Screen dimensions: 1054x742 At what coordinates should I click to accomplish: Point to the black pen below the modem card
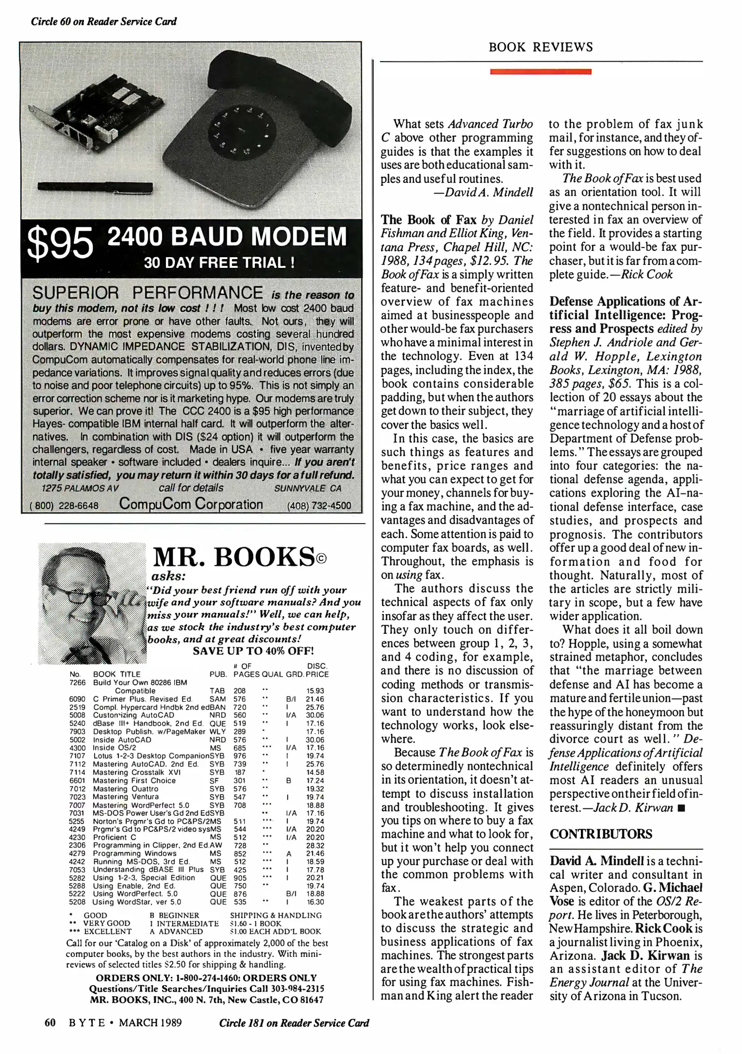click(95, 187)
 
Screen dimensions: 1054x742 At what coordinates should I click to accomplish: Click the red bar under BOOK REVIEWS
click(540, 72)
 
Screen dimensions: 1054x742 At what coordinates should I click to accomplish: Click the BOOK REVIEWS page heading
click(540, 47)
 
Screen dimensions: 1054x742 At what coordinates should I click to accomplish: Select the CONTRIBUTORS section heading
click(600, 834)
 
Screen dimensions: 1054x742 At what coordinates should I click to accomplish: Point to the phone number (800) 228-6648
click(64, 506)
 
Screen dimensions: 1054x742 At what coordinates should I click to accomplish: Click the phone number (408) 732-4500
click(319, 506)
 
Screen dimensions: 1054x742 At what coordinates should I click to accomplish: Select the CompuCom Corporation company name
click(191, 504)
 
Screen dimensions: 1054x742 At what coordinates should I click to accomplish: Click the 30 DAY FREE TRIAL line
click(219, 263)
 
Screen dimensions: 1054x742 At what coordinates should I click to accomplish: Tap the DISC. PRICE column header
click(317, 670)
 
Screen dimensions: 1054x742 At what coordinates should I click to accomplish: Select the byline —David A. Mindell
click(483, 192)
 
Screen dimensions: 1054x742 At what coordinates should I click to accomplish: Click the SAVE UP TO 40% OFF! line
click(253, 651)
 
